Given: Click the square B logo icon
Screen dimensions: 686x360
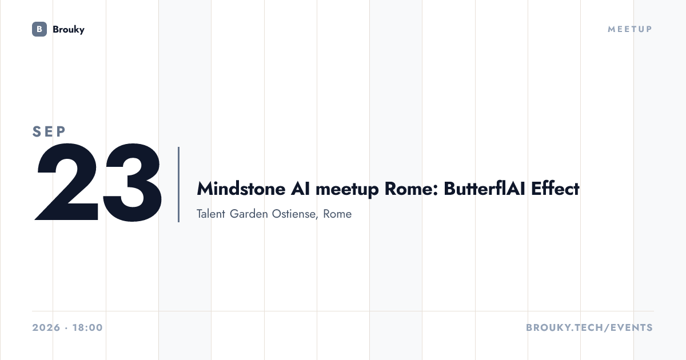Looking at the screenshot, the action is [39, 29].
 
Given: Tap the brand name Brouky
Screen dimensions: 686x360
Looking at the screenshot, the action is [69, 29].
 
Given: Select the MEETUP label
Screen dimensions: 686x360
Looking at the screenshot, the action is [630, 29].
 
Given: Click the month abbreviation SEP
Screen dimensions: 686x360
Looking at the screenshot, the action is [49, 131].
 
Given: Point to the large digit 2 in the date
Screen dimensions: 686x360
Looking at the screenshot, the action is [67, 182].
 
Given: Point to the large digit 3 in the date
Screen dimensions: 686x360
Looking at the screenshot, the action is [131, 182].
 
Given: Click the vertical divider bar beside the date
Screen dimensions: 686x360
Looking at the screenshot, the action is [178, 184].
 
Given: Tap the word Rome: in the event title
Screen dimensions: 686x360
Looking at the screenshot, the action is [412, 189].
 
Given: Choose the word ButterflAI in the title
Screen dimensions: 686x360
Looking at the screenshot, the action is [485, 189].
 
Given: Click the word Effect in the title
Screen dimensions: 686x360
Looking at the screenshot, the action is [555, 189].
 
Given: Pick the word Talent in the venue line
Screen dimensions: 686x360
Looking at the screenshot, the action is [211, 214].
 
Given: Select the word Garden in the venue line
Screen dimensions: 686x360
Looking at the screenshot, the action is [249, 214].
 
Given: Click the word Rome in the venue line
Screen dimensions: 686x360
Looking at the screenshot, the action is [337, 214].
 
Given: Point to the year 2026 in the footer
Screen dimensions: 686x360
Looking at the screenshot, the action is [46, 327].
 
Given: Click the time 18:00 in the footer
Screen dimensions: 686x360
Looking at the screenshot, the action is [87, 327].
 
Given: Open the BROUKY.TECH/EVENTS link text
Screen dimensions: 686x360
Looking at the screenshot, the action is [589, 327].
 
